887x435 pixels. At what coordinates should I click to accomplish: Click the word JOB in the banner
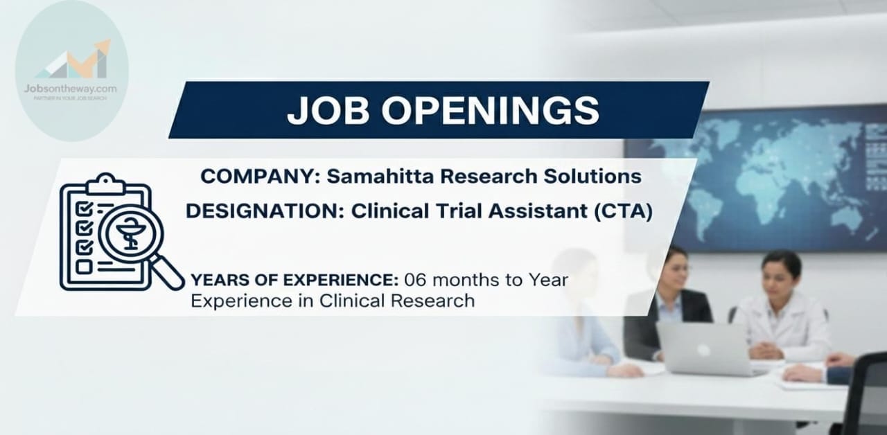point(328,110)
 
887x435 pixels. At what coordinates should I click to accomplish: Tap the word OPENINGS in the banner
point(491,110)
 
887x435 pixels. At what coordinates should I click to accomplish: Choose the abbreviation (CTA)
point(623,211)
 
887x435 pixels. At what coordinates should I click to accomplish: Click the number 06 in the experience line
point(415,281)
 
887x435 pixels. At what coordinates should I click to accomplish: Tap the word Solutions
point(592,176)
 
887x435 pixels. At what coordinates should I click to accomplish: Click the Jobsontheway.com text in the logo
point(71,89)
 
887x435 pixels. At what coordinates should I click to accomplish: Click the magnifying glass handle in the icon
point(168,272)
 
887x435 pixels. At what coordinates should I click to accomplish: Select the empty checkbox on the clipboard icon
point(84,267)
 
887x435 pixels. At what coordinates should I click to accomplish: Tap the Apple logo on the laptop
point(703,350)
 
